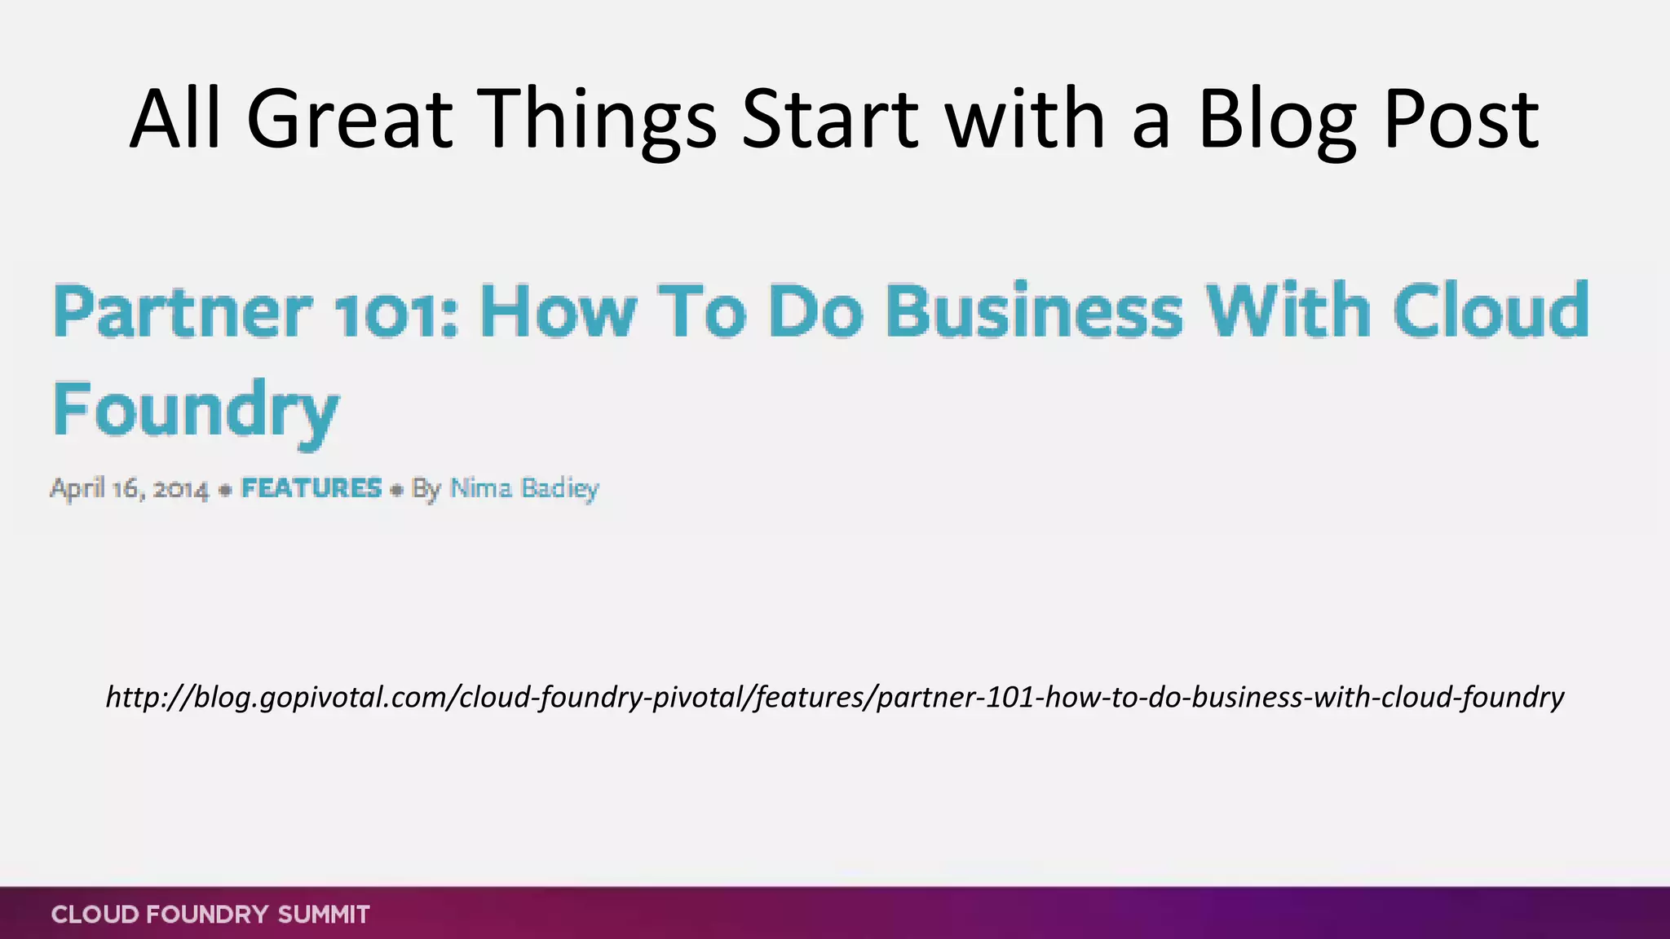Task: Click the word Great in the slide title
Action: pos(349,120)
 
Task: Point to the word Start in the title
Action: pos(830,120)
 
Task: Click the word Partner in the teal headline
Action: pos(182,311)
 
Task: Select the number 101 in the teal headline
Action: pos(393,313)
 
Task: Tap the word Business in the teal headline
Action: pos(1034,311)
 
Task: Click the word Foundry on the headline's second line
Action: pos(196,410)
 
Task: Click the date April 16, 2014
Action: pos(130,489)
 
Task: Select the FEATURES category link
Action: pos(311,488)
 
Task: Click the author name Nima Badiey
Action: pos(524,488)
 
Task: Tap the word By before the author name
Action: pos(426,489)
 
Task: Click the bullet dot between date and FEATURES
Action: pos(226,491)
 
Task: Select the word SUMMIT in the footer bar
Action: pos(324,915)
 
